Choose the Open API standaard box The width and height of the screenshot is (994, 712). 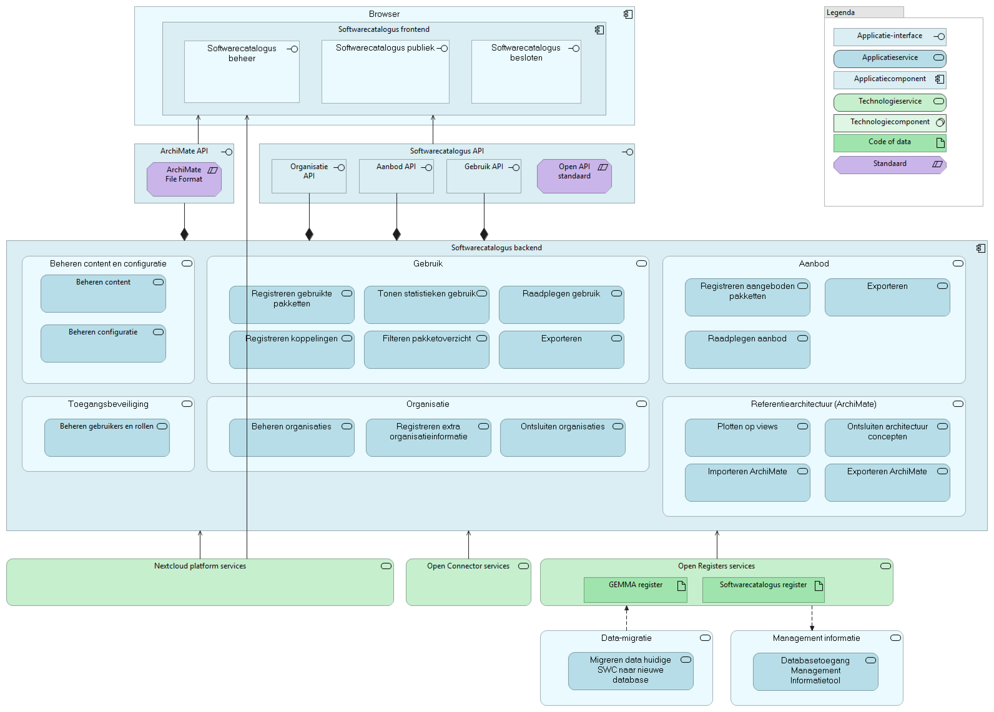pos(574,176)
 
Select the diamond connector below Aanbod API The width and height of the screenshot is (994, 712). pos(397,234)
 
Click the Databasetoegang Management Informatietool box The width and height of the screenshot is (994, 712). pos(815,671)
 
